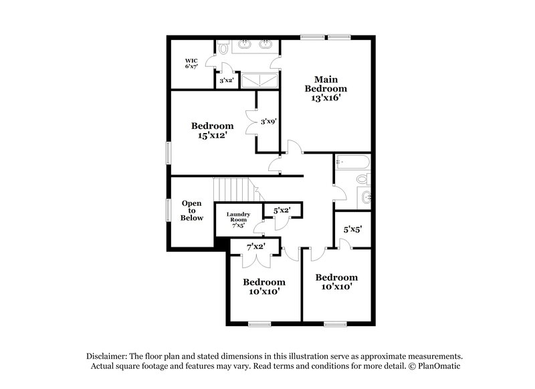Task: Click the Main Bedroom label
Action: tap(326, 84)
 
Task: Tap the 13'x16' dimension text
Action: tap(326, 98)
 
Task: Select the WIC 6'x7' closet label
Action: tap(192, 64)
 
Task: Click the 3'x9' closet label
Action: tap(269, 121)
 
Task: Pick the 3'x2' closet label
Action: tap(227, 80)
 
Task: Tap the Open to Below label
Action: tap(192, 211)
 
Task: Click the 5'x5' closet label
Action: tap(352, 229)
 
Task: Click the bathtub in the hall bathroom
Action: tap(352, 162)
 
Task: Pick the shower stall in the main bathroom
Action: tap(257, 80)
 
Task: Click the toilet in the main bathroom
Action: tap(223, 47)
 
